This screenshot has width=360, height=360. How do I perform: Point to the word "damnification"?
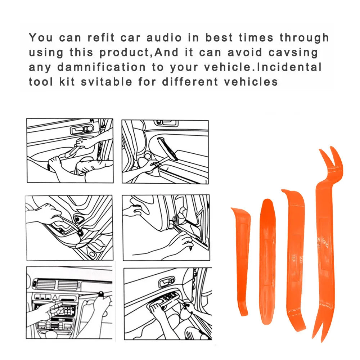pos(97,67)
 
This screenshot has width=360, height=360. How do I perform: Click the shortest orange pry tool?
pos(242,259)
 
